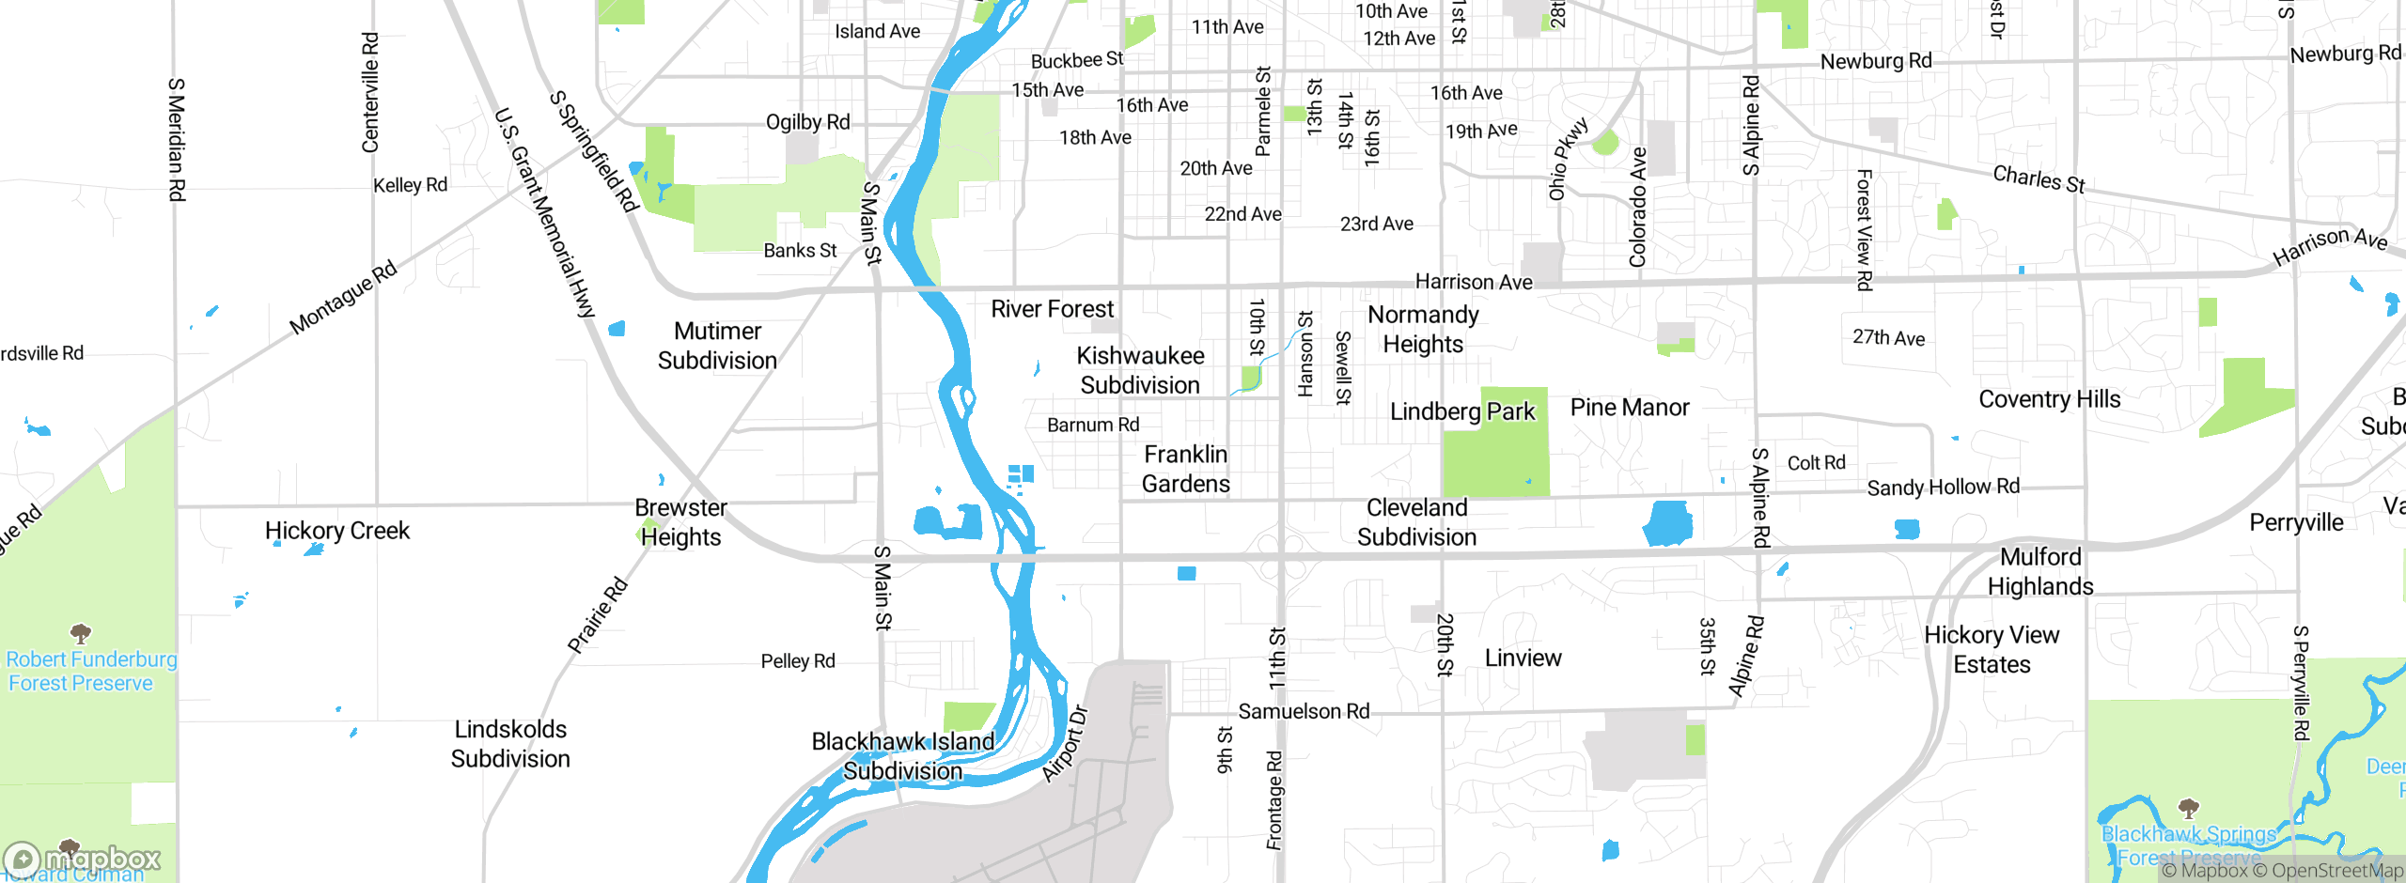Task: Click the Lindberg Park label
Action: pyautogui.click(x=1461, y=411)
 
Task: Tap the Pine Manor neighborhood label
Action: pyautogui.click(x=1629, y=408)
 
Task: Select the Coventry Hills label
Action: pyautogui.click(x=2049, y=399)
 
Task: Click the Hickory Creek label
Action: pyautogui.click(x=336, y=531)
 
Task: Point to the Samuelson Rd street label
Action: pyautogui.click(x=1303, y=712)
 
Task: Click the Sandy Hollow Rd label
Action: pyautogui.click(x=1943, y=488)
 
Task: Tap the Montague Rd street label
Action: pyautogui.click(x=343, y=299)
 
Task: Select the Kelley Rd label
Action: pyautogui.click(x=410, y=185)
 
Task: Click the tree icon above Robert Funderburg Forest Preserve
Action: pyautogui.click(x=81, y=632)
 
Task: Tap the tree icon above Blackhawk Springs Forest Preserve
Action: pyautogui.click(x=2188, y=808)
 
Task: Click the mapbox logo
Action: pyautogui.click(x=83, y=859)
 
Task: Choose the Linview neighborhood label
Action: pyautogui.click(x=1523, y=658)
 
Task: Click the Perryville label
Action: pyautogui.click(x=2296, y=523)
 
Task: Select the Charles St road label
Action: pyautogui.click(x=2039, y=178)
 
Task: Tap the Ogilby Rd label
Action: pyautogui.click(x=807, y=122)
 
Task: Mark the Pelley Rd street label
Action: pyautogui.click(x=797, y=661)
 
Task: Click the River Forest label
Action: pyautogui.click(x=1052, y=309)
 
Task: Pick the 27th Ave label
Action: pyautogui.click(x=1888, y=338)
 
